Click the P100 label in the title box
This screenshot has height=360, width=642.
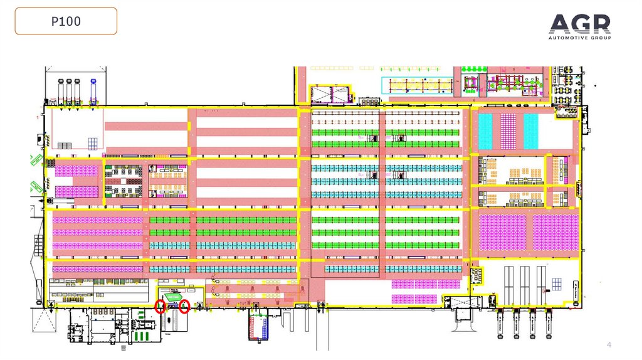click(x=66, y=21)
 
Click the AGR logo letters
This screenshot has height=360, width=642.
click(x=579, y=25)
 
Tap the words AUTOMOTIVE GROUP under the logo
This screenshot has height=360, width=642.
click(x=579, y=38)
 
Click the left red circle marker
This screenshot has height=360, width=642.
click(x=160, y=306)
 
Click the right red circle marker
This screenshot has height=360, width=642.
click(x=184, y=306)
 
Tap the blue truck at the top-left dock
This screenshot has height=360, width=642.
click(x=93, y=92)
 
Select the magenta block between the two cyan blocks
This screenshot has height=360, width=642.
click(x=508, y=130)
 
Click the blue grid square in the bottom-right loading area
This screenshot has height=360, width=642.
click(x=556, y=284)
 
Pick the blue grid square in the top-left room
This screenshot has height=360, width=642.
click(x=93, y=142)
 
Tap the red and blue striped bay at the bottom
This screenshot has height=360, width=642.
click(x=257, y=326)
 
